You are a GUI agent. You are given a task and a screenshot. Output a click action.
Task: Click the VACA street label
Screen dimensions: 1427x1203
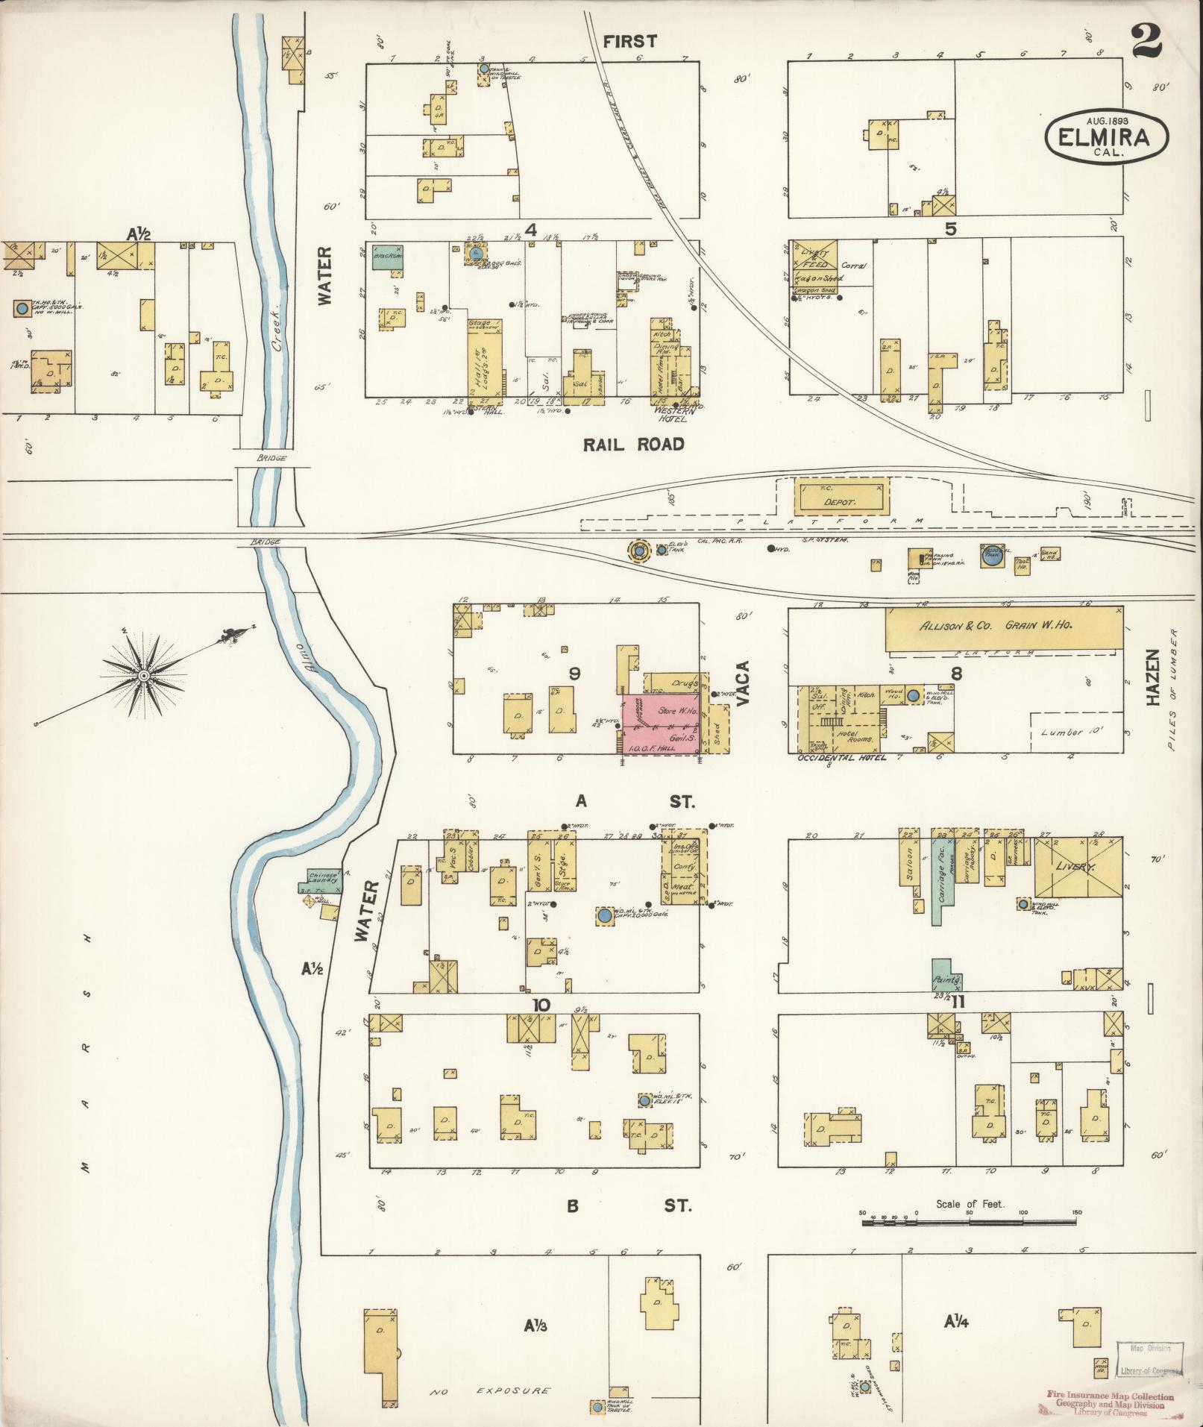[743, 684]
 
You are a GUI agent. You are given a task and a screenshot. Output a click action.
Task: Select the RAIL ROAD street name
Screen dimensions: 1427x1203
[633, 445]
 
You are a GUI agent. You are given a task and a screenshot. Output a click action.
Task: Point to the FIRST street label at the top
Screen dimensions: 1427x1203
[630, 42]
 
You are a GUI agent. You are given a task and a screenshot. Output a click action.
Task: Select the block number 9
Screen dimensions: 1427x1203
[574, 674]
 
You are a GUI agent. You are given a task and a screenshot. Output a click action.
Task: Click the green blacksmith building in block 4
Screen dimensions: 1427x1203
[390, 259]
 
